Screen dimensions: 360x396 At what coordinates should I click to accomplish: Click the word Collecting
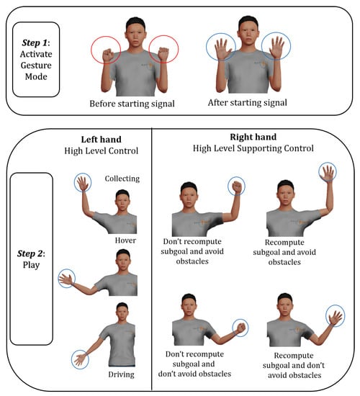(x=122, y=179)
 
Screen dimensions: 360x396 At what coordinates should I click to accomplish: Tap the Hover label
(x=125, y=240)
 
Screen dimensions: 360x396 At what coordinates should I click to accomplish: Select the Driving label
(x=121, y=374)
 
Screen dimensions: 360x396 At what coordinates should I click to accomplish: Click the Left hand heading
(x=101, y=140)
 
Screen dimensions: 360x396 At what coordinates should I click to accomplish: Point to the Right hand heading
(x=253, y=137)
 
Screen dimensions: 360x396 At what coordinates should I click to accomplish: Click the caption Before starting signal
(x=132, y=104)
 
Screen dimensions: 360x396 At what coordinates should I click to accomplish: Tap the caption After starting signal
(x=248, y=103)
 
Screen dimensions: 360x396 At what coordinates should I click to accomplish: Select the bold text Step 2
(x=30, y=253)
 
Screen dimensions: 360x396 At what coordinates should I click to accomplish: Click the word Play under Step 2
(x=32, y=265)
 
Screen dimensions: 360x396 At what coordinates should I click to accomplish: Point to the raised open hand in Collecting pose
(x=83, y=183)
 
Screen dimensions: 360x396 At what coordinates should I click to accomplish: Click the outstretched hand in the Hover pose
(x=66, y=278)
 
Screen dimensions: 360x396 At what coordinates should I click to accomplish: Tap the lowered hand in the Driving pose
(x=80, y=359)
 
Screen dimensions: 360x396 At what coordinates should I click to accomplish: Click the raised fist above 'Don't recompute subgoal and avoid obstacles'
(x=237, y=187)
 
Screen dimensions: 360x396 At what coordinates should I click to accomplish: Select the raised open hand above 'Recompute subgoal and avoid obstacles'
(x=328, y=173)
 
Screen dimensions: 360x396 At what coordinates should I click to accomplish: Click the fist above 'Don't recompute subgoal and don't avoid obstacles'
(x=240, y=328)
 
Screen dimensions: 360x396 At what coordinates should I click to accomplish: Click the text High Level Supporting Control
(x=253, y=148)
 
